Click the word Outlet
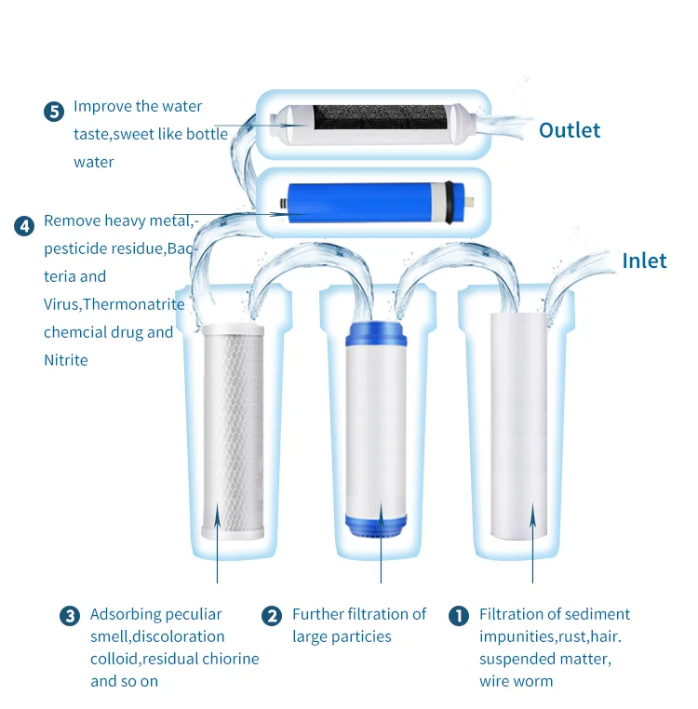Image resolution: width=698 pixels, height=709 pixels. pyautogui.click(x=570, y=130)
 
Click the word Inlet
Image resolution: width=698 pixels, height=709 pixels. pyautogui.click(x=644, y=261)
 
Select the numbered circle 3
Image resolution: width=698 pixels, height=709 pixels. pyautogui.click(x=69, y=616)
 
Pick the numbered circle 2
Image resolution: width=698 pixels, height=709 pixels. pyautogui.click(x=272, y=616)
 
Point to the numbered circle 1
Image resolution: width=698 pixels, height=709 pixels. pyautogui.click(x=459, y=616)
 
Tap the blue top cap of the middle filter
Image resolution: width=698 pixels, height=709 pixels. pyautogui.click(x=381, y=335)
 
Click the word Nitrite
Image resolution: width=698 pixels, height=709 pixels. pyautogui.click(x=66, y=360)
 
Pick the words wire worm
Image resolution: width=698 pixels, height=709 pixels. pyautogui.click(x=516, y=681)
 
